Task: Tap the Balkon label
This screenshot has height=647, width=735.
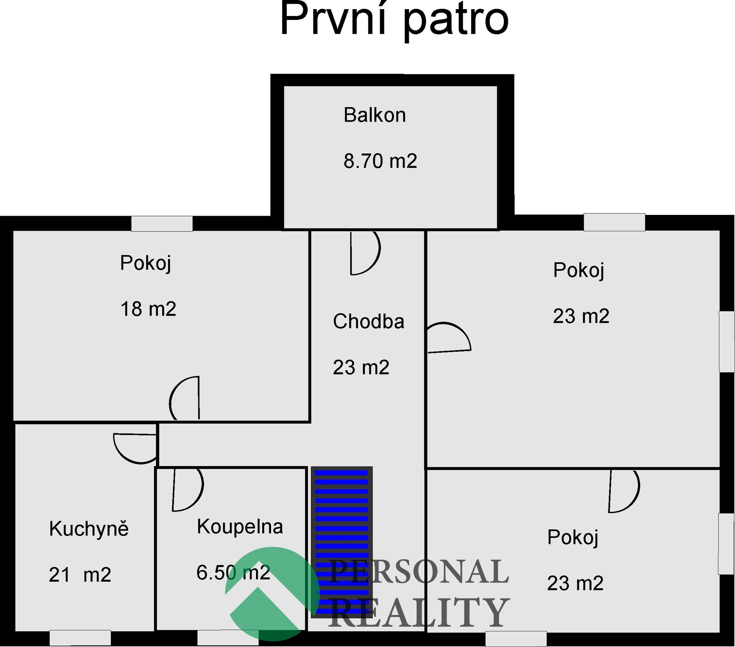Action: (x=375, y=115)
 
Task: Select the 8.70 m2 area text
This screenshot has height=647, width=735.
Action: (x=380, y=161)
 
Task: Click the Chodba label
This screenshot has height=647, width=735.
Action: (x=369, y=321)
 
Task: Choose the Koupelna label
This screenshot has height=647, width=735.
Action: (x=240, y=527)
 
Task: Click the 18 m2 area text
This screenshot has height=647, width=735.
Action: (x=148, y=309)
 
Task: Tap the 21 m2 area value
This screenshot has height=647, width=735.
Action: (x=80, y=575)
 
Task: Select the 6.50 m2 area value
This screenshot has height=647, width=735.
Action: (x=234, y=572)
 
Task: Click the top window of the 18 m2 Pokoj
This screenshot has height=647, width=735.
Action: (x=162, y=224)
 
